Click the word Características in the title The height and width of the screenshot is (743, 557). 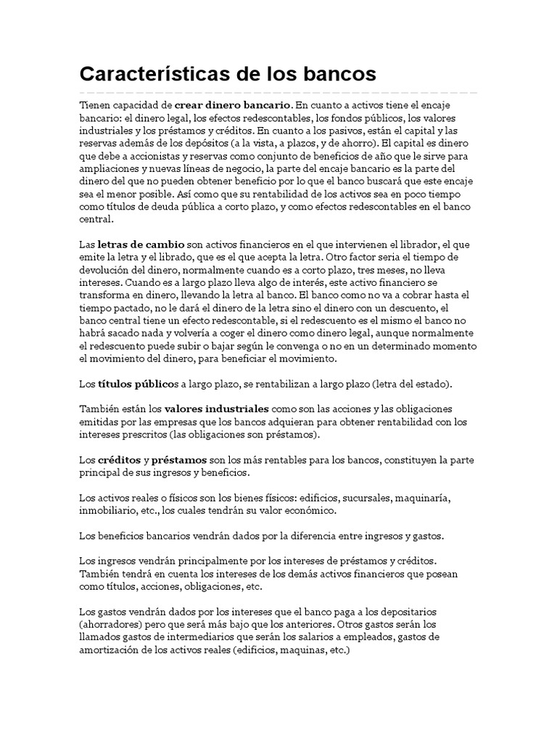(152, 74)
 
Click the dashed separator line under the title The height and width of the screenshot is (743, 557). (278, 93)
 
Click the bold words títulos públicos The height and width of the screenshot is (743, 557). (136, 383)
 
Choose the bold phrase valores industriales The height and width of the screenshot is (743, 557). (217, 409)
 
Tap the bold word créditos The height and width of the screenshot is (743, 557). (120, 460)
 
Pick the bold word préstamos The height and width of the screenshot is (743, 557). (179, 460)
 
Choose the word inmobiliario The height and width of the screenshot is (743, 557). (110, 511)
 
